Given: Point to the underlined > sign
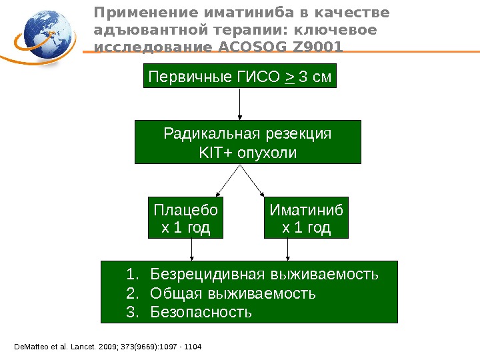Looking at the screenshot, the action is tap(289, 77).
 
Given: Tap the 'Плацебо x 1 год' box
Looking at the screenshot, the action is tap(186, 219).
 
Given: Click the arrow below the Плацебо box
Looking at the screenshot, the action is tap(192, 250).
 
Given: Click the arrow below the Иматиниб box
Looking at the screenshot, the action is tap(287, 250).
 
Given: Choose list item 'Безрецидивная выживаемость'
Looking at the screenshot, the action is tap(264, 274).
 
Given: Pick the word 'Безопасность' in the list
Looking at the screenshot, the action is tap(201, 311).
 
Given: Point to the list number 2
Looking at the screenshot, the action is tap(131, 293).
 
